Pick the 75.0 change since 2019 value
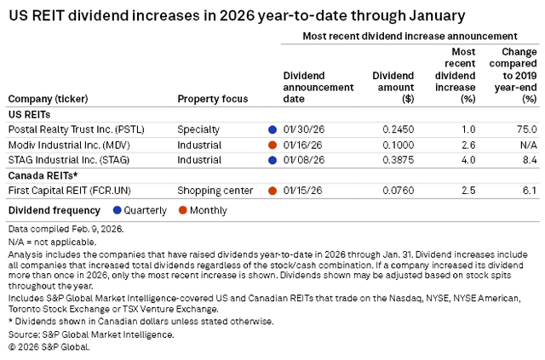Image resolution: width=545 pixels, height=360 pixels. coord(527,129)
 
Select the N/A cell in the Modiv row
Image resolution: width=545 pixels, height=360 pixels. coord(528,145)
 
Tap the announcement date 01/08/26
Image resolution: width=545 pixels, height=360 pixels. coord(302,159)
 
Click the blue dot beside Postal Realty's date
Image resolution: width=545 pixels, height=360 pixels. coord(272,129)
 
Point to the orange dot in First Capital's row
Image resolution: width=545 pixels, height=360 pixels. coord(272,190)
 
